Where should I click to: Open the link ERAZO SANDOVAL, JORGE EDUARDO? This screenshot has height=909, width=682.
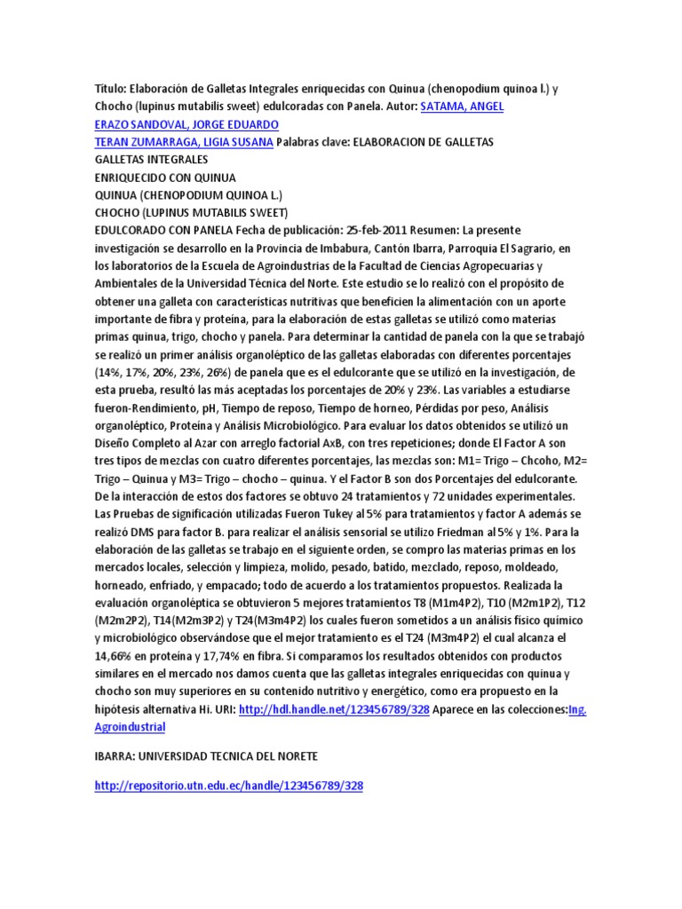click(x=186, y=124)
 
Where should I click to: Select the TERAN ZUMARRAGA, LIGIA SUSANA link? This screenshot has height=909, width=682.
click(x=184, y=142)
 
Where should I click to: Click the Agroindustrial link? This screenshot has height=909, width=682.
click(x=130, y=727)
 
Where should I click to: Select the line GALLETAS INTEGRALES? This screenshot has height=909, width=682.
click(x=151, y=159)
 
